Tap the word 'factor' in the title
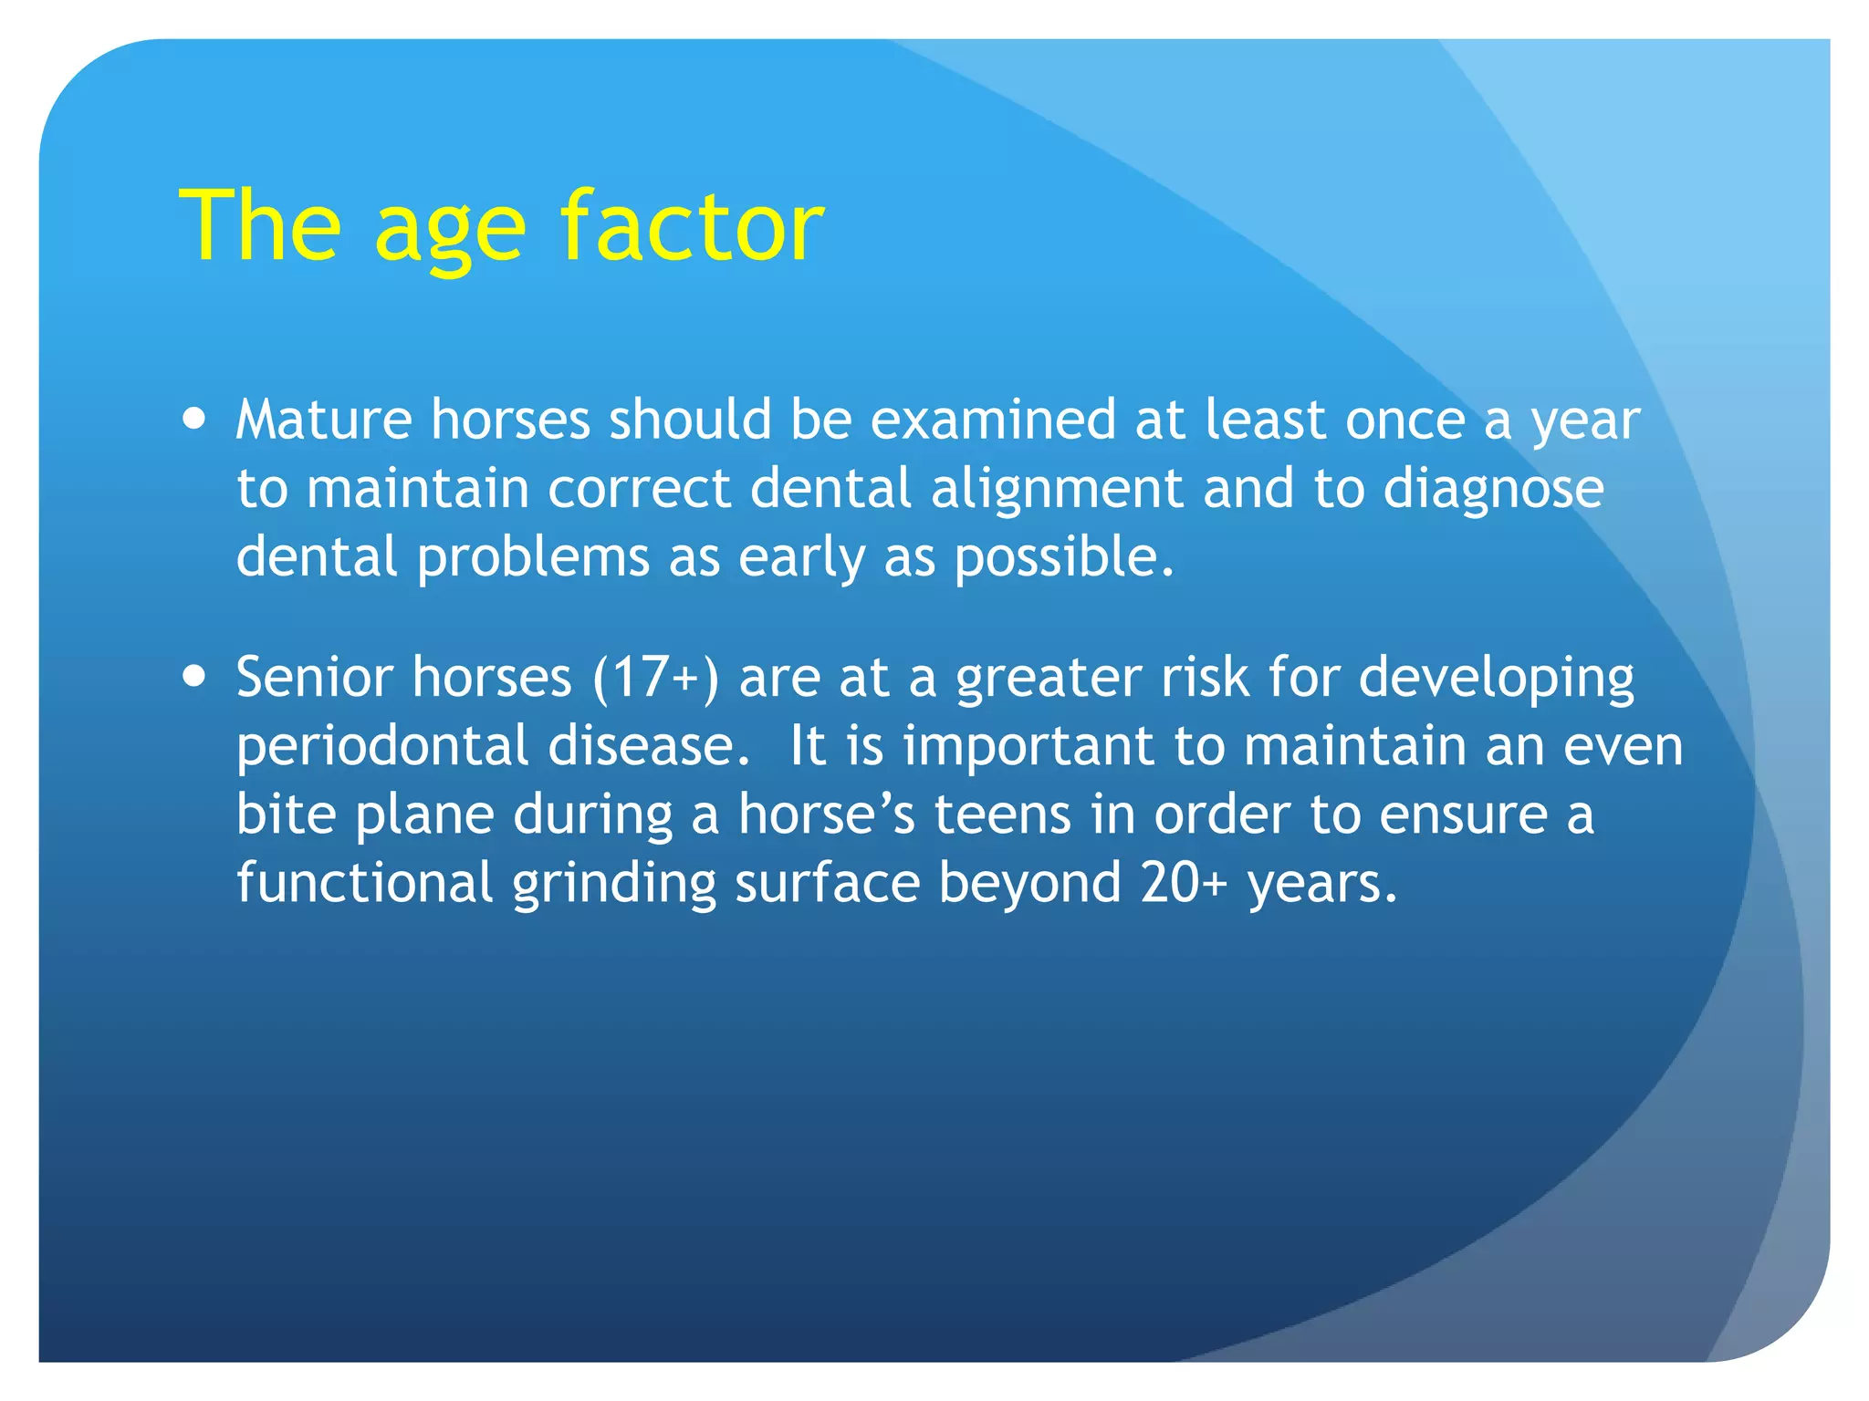[692, 226]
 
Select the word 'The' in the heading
[261, 226]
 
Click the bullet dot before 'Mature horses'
[194, 420]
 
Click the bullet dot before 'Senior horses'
[194, 677]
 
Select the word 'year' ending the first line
[1585, 423]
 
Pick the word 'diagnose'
[1493, 491]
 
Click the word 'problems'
[533, 558]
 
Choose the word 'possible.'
[1064, 558]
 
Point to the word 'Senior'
[314, 678]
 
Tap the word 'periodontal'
[382, 747]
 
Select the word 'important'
[1028, 747]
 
